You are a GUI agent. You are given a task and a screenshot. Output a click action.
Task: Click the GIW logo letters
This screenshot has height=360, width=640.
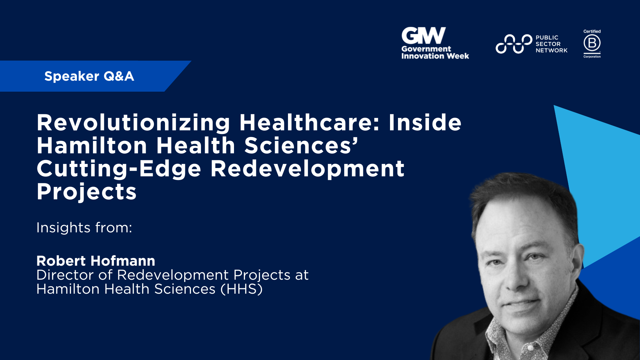point(423,35)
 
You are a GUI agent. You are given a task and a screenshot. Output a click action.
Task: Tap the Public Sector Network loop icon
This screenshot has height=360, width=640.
point(513,44)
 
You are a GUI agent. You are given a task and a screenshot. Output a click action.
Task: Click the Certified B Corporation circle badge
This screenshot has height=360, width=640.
point(592,43)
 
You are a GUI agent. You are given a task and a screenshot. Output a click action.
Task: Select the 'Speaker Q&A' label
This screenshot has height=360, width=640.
point(89,76)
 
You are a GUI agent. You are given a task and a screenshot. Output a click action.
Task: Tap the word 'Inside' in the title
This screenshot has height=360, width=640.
point(425,123)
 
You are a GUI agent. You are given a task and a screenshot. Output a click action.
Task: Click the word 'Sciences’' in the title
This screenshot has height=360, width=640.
point(301,146)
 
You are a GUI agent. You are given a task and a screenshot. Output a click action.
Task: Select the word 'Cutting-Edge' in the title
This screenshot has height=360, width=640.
point(119,169)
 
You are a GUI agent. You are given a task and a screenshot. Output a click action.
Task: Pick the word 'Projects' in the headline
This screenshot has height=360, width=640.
point(87,192)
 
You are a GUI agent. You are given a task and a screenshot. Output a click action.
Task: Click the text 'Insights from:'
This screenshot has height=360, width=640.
point(84,228)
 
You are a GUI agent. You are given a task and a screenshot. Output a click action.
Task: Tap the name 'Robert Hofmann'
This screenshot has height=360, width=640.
point(96,261)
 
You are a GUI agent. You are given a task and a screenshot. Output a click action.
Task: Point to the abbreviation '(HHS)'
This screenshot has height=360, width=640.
point(242,289)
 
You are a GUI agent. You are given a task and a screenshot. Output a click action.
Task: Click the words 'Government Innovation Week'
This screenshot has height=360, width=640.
point(435,53)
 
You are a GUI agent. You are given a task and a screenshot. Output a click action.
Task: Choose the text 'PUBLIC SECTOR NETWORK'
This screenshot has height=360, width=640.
point(551,44)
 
